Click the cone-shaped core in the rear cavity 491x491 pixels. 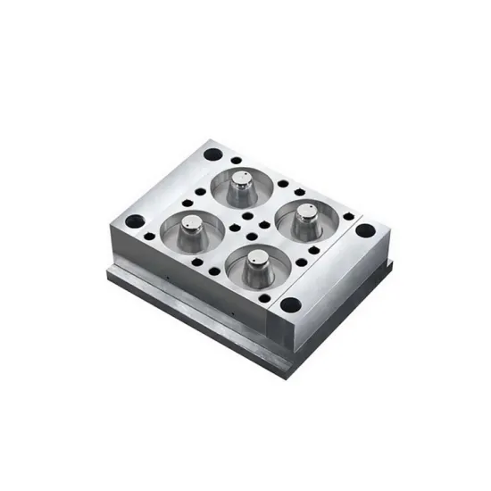pos(241,185)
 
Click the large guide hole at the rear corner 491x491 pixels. pos(212,154)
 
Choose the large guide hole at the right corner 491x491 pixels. pos(363,230)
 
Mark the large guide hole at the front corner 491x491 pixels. pos(288,304)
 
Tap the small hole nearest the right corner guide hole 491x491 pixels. pos(348,215)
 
